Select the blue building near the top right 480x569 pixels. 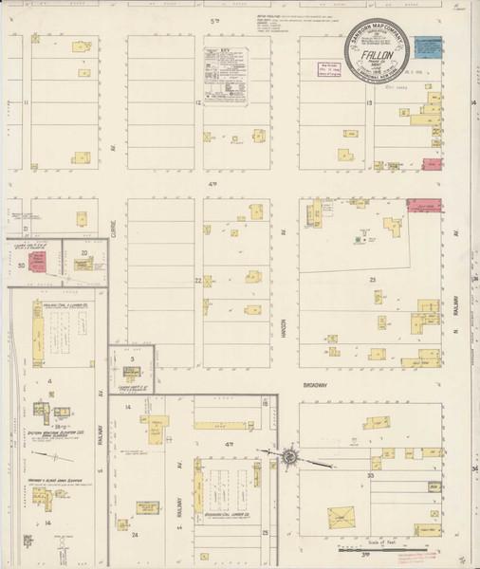[x=429, y=46]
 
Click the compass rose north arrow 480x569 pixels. [x=289, y=457]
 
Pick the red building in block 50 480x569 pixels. [x=39, y=260]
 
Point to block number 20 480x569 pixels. [x=84, y=252]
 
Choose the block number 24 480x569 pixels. [x=135, y=535]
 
